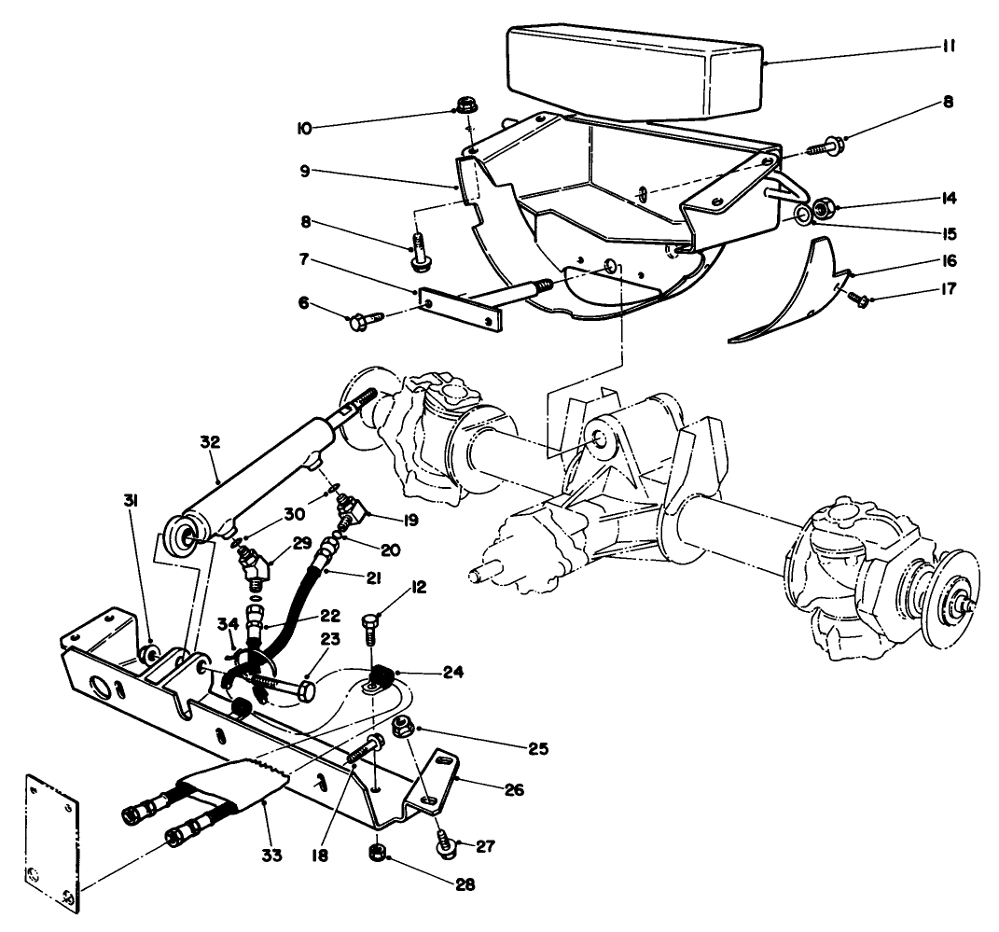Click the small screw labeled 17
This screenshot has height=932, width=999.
(x=859, y=298)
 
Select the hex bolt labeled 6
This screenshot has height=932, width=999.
(x=360, y=322)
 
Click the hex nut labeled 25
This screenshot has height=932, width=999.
(x=405, y=725)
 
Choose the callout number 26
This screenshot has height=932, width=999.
(x=514, y=790)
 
